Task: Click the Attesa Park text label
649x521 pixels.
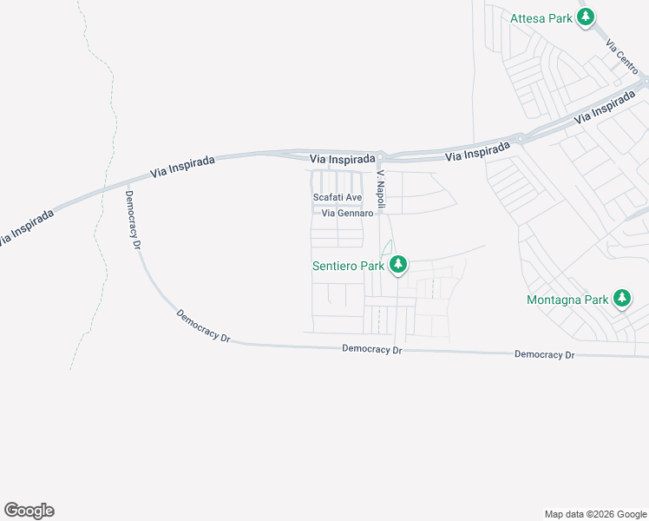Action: pos(541,17)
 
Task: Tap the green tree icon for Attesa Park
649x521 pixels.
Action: pos(587,16)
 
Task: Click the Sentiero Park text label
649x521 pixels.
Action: pos(349,265)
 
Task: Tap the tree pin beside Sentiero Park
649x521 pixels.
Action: pos(397,264)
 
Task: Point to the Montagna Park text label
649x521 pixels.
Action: pos(567,300)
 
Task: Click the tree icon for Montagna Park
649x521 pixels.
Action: pos(621,300)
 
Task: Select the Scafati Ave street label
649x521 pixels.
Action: pos(337,198)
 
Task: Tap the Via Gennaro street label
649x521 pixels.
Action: pos(347,214)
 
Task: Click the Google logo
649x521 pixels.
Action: pos(29,511)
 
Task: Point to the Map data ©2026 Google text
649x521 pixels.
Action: pos(594,514)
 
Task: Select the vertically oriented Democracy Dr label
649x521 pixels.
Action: pos(133,220)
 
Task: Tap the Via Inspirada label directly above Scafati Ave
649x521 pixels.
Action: pos(343,160)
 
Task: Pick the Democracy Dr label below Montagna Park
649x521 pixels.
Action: pos(544,355)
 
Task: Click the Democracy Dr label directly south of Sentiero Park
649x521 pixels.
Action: pos(372,350)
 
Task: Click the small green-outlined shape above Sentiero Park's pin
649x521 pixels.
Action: pos(387,247)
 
